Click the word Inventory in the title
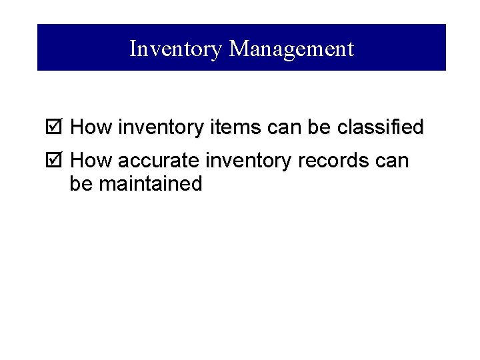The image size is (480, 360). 175,49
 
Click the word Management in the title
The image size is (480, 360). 291,49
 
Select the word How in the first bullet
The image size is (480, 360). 91,127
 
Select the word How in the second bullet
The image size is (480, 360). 91,161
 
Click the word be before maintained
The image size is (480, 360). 81,184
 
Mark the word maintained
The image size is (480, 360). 150,184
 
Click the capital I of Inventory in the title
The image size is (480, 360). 133,49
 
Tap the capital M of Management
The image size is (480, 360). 238,49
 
